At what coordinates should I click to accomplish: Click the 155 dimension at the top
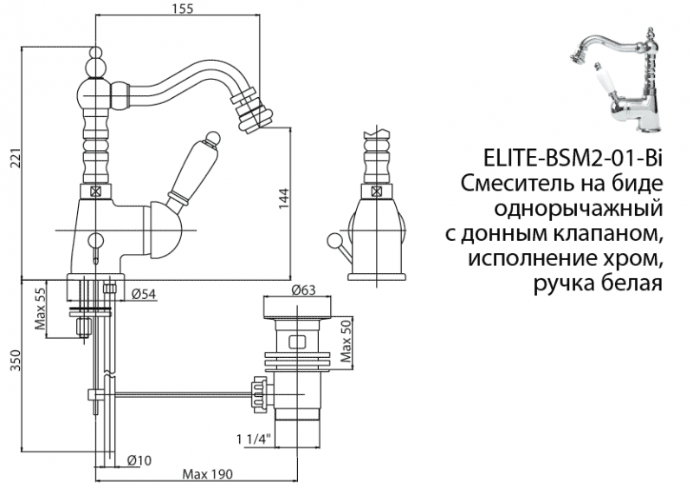pyautogui.click(x=182, y=9)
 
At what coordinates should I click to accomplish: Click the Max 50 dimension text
pyautogui.click(x=346, y=341)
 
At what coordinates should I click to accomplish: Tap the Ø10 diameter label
pyautogui.click(x=139, y=459)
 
